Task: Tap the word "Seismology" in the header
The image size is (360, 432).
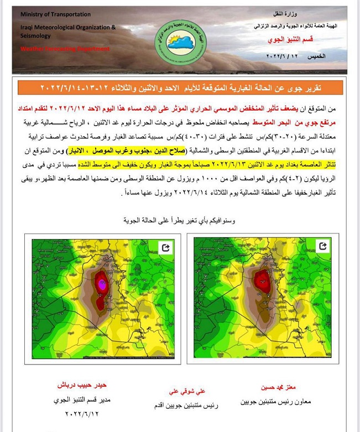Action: pos(35,36)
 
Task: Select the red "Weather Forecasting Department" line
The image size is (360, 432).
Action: pos(65,49)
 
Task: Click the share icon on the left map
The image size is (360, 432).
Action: pos(165,247)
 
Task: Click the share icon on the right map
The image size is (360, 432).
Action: pos(323,246)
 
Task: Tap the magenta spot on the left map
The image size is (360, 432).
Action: pos(101,283)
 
